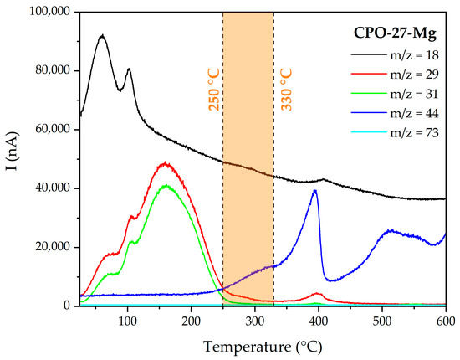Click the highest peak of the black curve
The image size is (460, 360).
pyautogui.click(x=102, y=36)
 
